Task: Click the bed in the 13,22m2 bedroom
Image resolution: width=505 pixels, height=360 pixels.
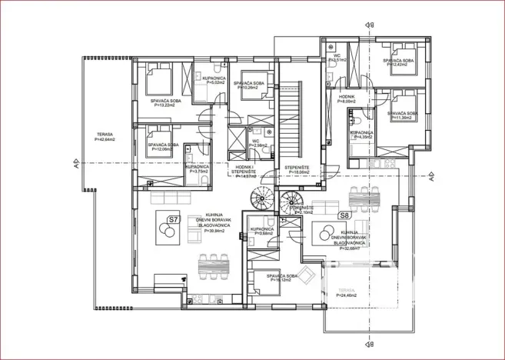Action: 159,77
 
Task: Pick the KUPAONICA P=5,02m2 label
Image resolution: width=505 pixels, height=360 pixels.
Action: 214,81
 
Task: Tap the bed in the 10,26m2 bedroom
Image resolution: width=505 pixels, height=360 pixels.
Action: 251,92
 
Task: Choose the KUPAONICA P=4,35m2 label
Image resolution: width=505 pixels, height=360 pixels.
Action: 362,135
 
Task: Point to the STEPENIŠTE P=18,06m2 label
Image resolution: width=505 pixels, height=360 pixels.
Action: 297,171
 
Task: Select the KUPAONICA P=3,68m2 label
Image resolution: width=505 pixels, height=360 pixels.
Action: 261,231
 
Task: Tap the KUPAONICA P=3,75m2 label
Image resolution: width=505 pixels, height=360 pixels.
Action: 198,168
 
